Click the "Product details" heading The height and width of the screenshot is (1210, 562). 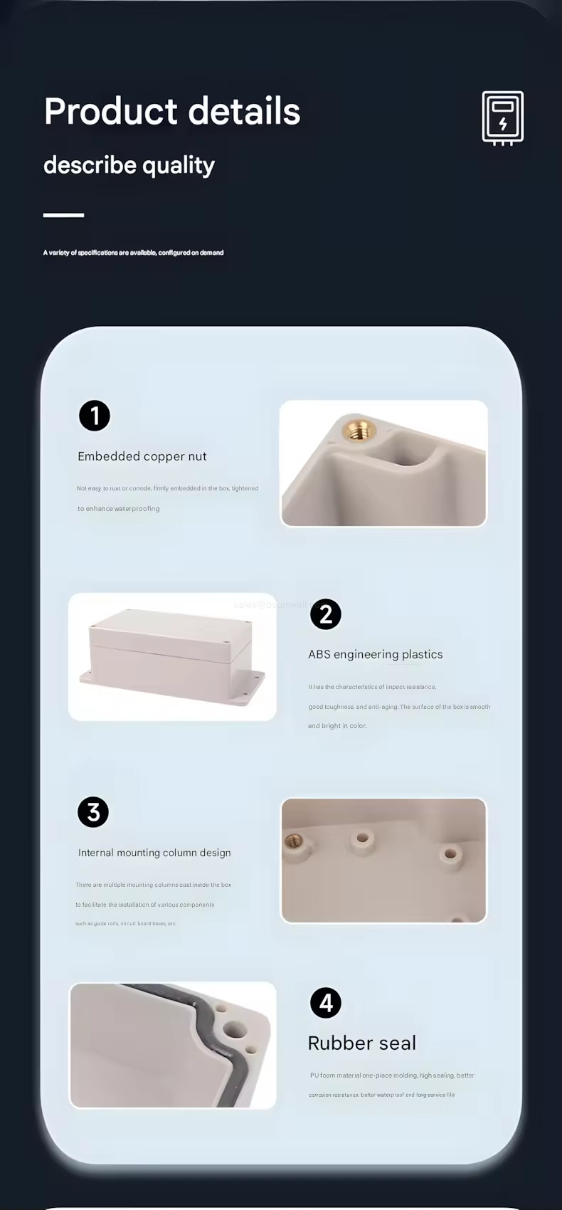172,112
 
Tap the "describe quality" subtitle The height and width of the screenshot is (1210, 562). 129,165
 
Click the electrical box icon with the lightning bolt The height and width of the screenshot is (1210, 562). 502,118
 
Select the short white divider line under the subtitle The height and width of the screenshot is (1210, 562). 63,214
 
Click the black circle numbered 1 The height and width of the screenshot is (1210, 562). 95,416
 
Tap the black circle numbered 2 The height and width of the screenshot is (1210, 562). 326,614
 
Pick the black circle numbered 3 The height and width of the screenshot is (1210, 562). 93,812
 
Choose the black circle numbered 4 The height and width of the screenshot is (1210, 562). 326,1003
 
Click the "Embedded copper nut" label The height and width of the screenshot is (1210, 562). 142,456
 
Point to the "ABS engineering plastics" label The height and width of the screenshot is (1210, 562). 375,654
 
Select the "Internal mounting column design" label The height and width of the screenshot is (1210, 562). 154,853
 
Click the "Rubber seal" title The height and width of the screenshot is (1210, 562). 361,1043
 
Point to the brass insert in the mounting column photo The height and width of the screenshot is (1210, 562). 293,843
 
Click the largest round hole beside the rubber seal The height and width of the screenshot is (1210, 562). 234,1028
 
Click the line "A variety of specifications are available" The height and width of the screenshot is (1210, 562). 133,253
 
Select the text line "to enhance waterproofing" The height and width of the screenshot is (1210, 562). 119,509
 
